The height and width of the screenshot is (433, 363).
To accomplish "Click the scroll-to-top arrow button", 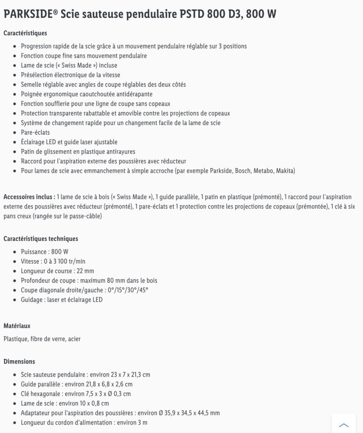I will tap(344, 425).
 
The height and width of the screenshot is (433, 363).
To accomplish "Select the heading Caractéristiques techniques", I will tap(41, 238).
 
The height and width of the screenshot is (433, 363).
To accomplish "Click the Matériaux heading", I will tap(17, 326).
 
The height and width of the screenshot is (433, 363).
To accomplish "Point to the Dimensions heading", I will tap(19, 362).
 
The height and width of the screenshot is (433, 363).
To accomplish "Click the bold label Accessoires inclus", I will tap(29, 197).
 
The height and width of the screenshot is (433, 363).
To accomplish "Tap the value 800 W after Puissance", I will tap(60, 252).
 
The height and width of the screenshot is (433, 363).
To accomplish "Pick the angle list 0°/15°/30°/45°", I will tap(128, 290).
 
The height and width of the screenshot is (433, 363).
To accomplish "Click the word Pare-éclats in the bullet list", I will tap(35, 132).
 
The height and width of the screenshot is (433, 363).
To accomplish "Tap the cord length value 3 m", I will tap(142, 422).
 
